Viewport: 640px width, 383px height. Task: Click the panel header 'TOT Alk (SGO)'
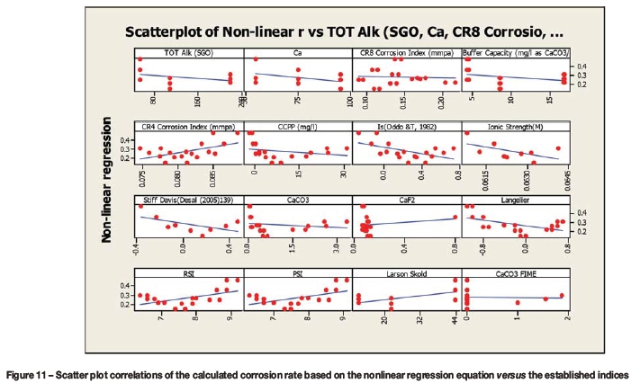point(188,53)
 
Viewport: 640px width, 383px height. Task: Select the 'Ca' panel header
point(297,53)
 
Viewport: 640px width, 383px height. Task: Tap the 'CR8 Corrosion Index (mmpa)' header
point(406,53)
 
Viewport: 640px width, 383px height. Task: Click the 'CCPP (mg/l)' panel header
point(297,127)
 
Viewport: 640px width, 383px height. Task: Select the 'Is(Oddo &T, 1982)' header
point(406,127)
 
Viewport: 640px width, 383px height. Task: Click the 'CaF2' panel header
point(406,199)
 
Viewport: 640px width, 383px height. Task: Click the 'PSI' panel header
point(297,272)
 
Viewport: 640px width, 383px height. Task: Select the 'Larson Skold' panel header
point(406,272)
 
